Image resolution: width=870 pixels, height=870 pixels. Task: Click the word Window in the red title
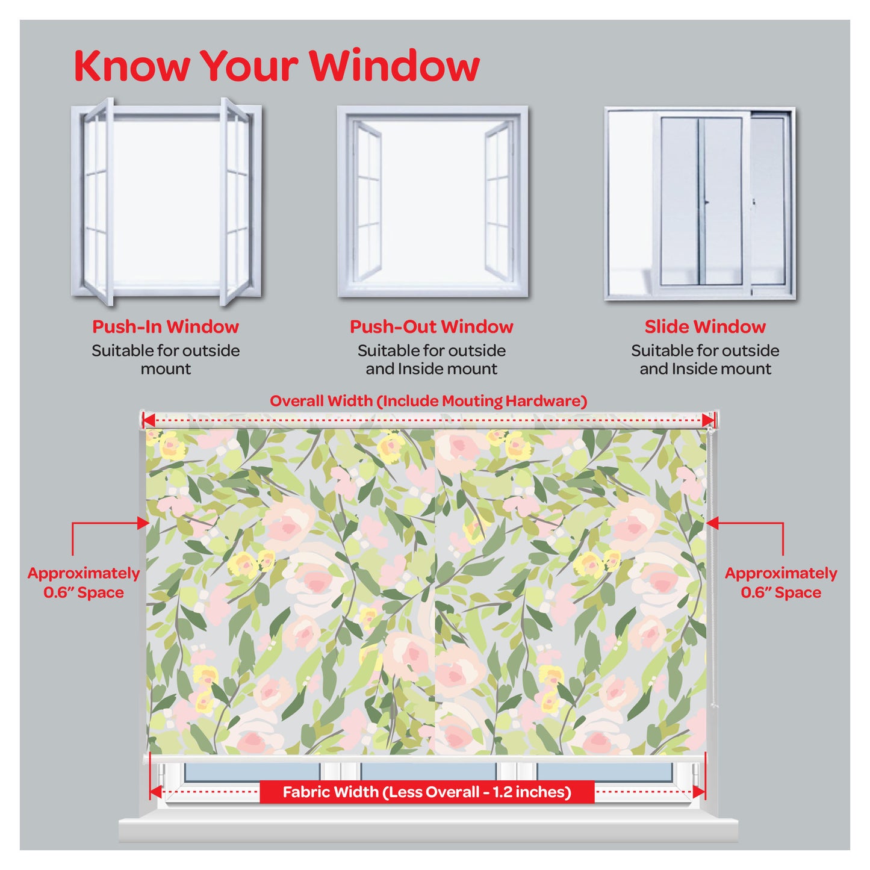pyautogui.click(x=394, y=66)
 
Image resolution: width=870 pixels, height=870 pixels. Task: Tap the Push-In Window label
pyautogui.click(x=166, y=326)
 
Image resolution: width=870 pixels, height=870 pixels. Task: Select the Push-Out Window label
pyautogui.click(x=432, y=326)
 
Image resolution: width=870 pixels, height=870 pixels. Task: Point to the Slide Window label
pyautogui.click(x=705, y=326)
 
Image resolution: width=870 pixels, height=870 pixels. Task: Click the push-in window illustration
pyautogui.click(x=166, y=201)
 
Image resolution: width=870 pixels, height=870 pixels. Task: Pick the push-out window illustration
pyautogui.click(x=432, y=201)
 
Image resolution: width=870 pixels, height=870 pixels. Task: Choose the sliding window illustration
pyautogui.click(x=700, y=203)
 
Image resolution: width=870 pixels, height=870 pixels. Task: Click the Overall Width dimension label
pyautogui.click(x=429, y=401)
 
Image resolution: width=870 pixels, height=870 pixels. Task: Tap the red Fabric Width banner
pyautogui.click(x=427, y=792)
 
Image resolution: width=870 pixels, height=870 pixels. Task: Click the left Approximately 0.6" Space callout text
pyautogui.click(x=84, y=583)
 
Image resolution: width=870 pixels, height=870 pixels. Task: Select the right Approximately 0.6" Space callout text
pyautogui.click(x=781, y=583)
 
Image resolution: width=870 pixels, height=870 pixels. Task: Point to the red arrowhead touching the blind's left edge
pyautogui.click(x=143, y=523)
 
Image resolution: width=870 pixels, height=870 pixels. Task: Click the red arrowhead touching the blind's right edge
pyautogui.click(x=712, y=523)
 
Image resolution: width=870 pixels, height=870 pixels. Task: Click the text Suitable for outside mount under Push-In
pyautogui.click(x=166, y=359)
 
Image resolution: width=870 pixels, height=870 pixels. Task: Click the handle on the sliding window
pyautogui.click(x=706, y=202)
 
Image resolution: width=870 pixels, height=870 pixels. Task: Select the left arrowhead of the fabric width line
pyautogui.click(x=156, y=792)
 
